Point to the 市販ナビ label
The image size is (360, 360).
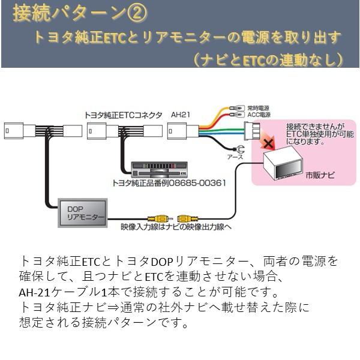click(x=324, y=176)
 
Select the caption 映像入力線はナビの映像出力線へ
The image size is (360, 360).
click(x=175, y=229)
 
